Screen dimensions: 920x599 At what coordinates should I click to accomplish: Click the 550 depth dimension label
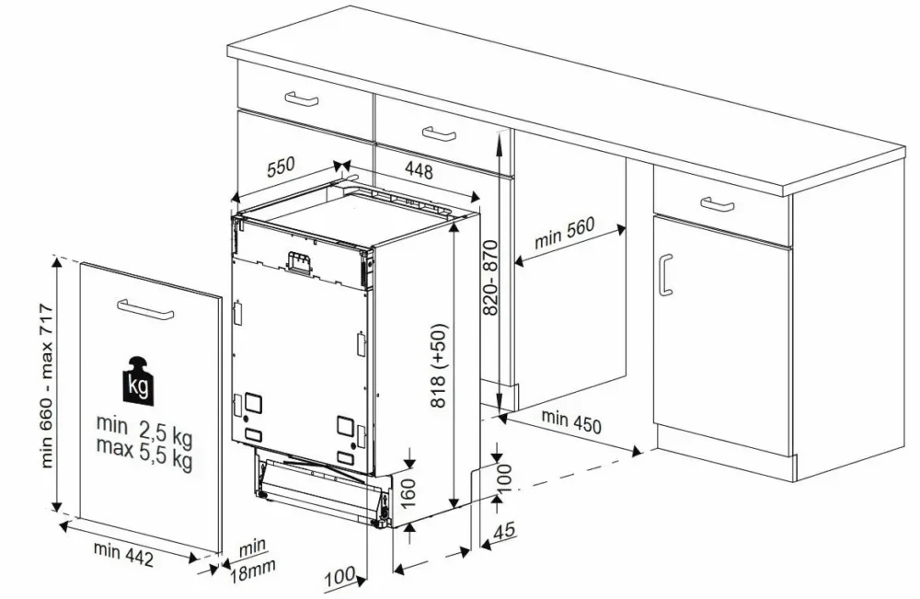point(281,167)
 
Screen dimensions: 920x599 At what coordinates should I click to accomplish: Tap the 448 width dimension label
point(419,170)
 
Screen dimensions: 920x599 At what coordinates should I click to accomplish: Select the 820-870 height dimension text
point(490,277)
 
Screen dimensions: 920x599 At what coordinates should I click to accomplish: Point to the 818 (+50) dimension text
point(438,365)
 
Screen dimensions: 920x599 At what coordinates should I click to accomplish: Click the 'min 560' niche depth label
point(564,233)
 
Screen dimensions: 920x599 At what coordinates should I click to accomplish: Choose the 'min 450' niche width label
point(571,421)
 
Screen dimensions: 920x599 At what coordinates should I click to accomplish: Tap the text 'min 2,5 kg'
point(144,429)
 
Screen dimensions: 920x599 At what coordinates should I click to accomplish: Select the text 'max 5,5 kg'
point(144,453)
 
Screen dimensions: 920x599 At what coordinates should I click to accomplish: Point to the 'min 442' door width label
point(123,554)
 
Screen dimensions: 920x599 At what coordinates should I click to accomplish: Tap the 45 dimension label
point(504,531)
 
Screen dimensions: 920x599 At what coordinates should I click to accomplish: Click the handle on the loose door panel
point(145,308)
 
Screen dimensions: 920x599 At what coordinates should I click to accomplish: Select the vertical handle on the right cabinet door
point(665,275)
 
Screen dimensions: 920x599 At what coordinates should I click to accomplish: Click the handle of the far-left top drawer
point(302,98)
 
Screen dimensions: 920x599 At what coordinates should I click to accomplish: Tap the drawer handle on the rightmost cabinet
point(717,204)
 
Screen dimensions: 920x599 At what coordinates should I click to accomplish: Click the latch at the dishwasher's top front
point(298,262)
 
